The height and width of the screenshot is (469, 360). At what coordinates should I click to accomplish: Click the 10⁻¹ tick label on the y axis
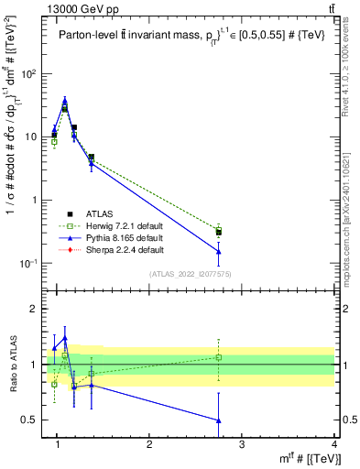pyautogui.click(x=35, y=264)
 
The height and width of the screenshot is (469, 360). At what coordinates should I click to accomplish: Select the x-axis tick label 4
pyautogui.click(x=334, y=443)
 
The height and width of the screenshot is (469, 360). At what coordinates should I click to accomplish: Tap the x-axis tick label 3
pyautogui.click(x=242, y=443)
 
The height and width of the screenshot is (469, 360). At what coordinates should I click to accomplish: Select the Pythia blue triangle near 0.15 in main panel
pyautogui.click(x=218, y=251)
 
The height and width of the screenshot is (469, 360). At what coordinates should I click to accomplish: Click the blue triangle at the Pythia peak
pyautogui.click(x=64, y=102)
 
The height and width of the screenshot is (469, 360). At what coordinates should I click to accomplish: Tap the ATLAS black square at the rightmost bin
pyautogui.click(x=218, y=233)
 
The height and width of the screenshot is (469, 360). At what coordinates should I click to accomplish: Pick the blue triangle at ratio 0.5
pyautogui.click(x=218, y=420)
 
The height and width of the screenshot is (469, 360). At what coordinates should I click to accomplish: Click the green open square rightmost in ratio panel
pyautogui.click(x=218, y=356)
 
